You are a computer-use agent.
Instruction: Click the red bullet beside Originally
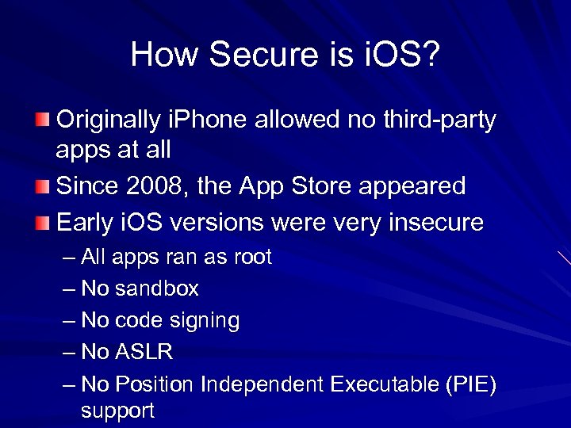(41, 120)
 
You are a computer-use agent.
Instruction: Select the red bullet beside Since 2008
(41, 187)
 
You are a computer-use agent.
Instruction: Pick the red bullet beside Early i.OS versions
(41, 222)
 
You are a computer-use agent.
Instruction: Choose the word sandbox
(157, 289)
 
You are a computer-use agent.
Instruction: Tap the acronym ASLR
(144, 352)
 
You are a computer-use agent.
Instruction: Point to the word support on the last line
(117, 411)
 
